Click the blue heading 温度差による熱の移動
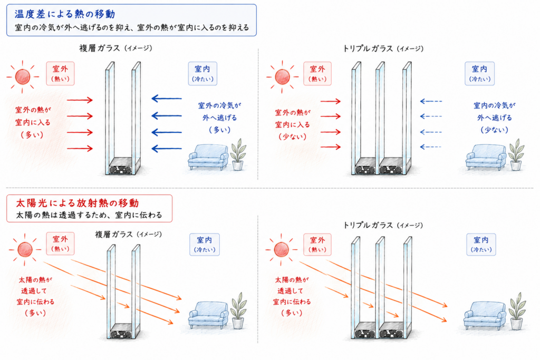point(65,14)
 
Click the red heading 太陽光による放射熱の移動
point(78,203)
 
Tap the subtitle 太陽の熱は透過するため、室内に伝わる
point(89,215)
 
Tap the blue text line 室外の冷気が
point(220,105)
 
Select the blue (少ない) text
point(495,130)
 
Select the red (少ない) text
point(292,137)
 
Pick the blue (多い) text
point(220,130)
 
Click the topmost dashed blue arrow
point(431,101)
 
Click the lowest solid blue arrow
point(167,149)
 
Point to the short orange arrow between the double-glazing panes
point(123,305)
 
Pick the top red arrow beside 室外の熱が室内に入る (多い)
point(80,100)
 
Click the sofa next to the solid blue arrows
point(208,157)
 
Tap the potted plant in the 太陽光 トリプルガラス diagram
point(517,311)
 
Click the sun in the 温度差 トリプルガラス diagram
point(283,77)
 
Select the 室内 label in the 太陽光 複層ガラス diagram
point(205,245)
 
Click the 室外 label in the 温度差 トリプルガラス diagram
point(317,73)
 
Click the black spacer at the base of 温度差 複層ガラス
point(121,169)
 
